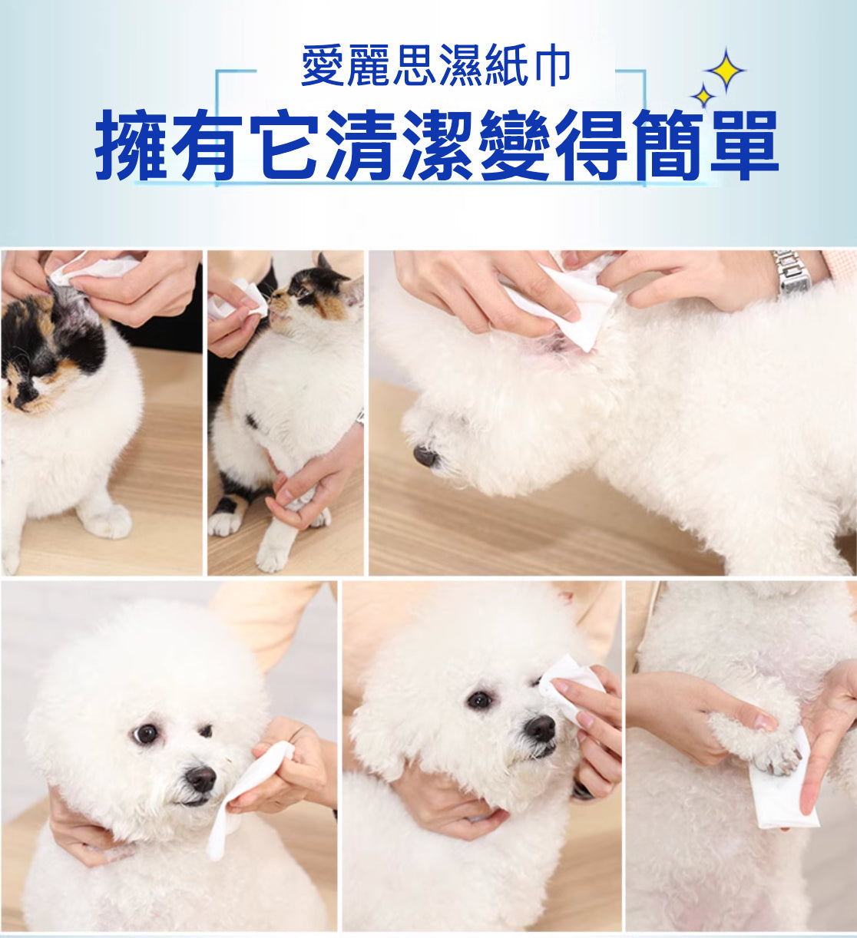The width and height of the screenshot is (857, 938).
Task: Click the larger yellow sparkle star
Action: click(725, 70)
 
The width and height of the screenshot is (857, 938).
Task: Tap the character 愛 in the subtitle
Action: click(323, 64)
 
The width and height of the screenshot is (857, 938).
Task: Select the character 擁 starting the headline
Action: click(131, 144)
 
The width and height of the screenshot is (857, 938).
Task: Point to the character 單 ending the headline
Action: click(744, 144)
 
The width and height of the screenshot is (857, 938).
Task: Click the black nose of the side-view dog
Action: click(425, 455)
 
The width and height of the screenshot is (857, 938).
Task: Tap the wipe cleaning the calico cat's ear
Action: click(94, 269)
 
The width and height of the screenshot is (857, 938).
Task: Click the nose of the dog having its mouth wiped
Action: click(201, 778)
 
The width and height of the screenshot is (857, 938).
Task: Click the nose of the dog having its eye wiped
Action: click(541, 728)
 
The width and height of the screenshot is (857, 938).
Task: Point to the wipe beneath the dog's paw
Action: click(783, 791)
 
